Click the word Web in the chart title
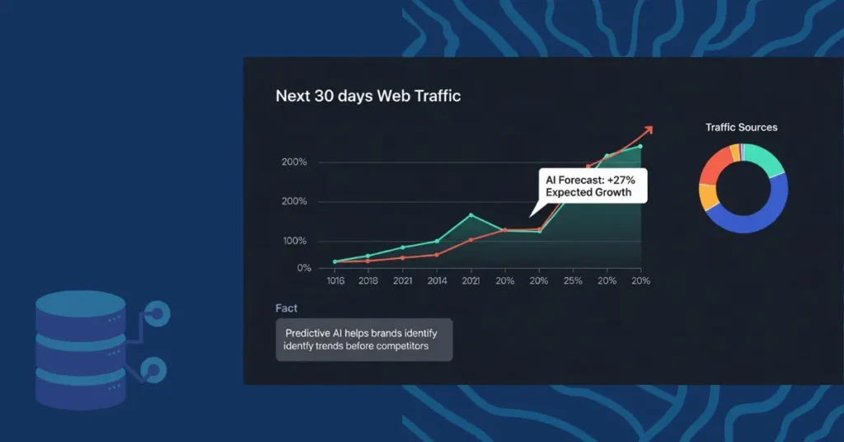395,96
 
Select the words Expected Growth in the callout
588,193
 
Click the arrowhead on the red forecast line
648,129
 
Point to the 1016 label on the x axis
335,281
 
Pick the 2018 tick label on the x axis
368,281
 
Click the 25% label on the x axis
572,281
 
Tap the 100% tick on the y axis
294,241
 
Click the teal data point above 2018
368,256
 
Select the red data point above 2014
436,255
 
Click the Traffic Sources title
741,128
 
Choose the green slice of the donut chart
767,159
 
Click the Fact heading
286,308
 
